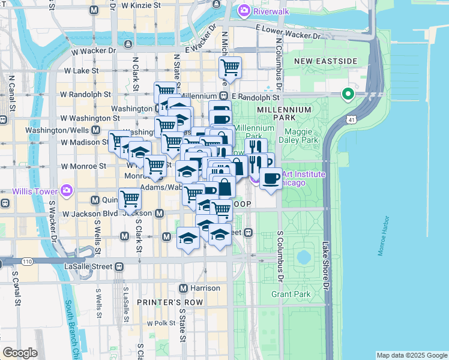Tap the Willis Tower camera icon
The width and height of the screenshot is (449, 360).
click(66, 191)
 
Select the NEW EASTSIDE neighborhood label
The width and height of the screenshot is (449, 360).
click(326, 61)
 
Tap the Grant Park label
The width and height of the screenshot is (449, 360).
click(291, 294)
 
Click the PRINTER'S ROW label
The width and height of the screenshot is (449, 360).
click(164, 302)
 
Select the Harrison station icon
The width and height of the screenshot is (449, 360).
click(184, 288)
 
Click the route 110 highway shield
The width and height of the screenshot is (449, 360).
click(27, 261)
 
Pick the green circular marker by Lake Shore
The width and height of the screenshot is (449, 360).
click(347, 94)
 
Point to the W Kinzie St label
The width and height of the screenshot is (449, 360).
click(141, 5)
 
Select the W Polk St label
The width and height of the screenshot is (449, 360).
click(155, 323)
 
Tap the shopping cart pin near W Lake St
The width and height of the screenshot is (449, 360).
click(229, 67)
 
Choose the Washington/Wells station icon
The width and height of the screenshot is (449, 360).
click(95, 130)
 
